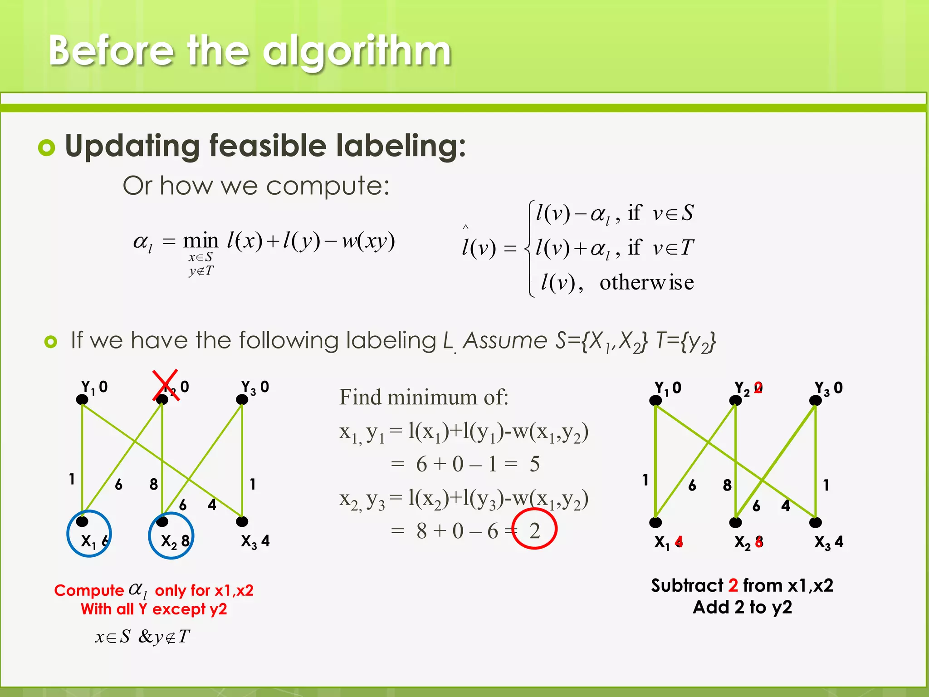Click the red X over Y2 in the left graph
point(165,386)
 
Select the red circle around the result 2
point(534,529)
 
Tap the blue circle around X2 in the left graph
point(171,536)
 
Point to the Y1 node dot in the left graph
point(82,399)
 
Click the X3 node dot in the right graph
point(815,523)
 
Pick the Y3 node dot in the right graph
point(815,400)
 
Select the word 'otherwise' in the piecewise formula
point(646,283)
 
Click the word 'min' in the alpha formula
point(200,241)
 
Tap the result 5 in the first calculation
point(534,464)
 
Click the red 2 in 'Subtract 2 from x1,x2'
point(733,585)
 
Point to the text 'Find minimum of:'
point(424,397)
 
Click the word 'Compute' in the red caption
point(89,590)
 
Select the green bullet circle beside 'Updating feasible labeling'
point(47,147)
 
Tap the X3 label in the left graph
point(249,541)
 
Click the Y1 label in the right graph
point(661,388)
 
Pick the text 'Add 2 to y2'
point(742,607)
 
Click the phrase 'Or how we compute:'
point(256,186)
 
